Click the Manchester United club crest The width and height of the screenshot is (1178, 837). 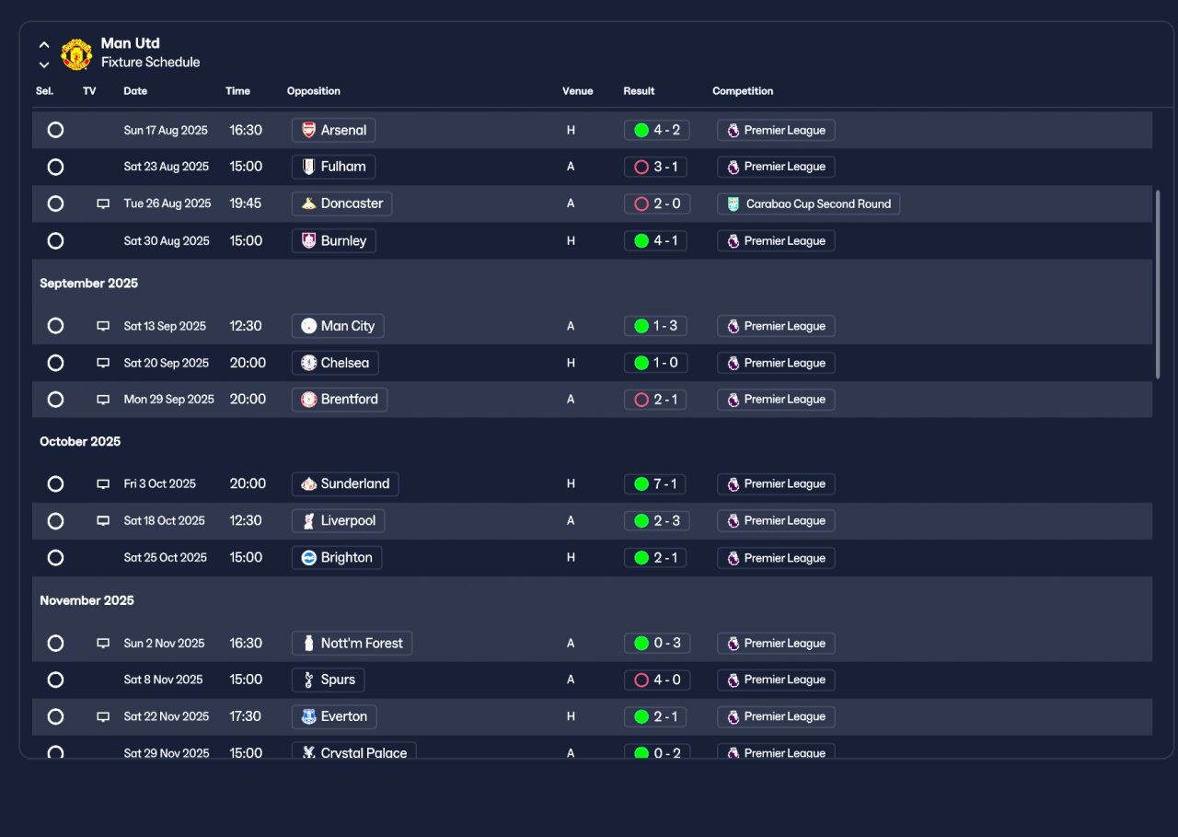point(76,54)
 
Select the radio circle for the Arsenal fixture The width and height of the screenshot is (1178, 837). point(55,130)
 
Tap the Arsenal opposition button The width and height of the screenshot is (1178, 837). point(333,130)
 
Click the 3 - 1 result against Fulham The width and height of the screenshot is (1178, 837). point(656,167)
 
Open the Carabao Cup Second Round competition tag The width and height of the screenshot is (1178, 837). point(808,203)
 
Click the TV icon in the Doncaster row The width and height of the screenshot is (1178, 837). point(103,203)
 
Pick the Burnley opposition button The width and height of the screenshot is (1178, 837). point(334,241)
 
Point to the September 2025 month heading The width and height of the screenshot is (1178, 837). point(89,283)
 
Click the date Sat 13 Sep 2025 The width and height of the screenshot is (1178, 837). point(165,326)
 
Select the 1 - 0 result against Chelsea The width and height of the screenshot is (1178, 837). point(656,363)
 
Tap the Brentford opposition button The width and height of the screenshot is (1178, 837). point(340,400)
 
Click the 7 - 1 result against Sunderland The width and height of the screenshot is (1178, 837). point(655,484)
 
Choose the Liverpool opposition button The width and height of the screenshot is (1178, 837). point(338,521)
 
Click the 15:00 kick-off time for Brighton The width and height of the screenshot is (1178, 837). point(246,558)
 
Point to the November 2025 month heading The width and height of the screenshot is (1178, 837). point(87,600)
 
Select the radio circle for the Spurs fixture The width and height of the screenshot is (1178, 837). point(55,680)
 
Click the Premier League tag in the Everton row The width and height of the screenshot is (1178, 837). point(776,716)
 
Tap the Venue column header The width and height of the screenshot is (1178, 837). point(577,91)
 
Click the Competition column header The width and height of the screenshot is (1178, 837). point(743,91)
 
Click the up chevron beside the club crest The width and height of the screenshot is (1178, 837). point(44,45)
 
